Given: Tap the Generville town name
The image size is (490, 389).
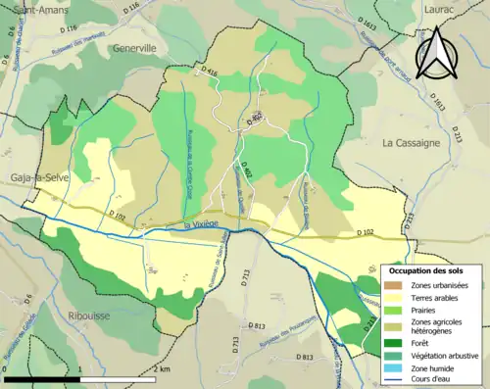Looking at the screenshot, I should pyautogui.click(x=134, y=47).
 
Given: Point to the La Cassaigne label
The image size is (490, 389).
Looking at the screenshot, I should pyautogui.click(x=412, y=142).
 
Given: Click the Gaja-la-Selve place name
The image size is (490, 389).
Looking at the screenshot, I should pyautogui.click(x=31, y=176).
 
